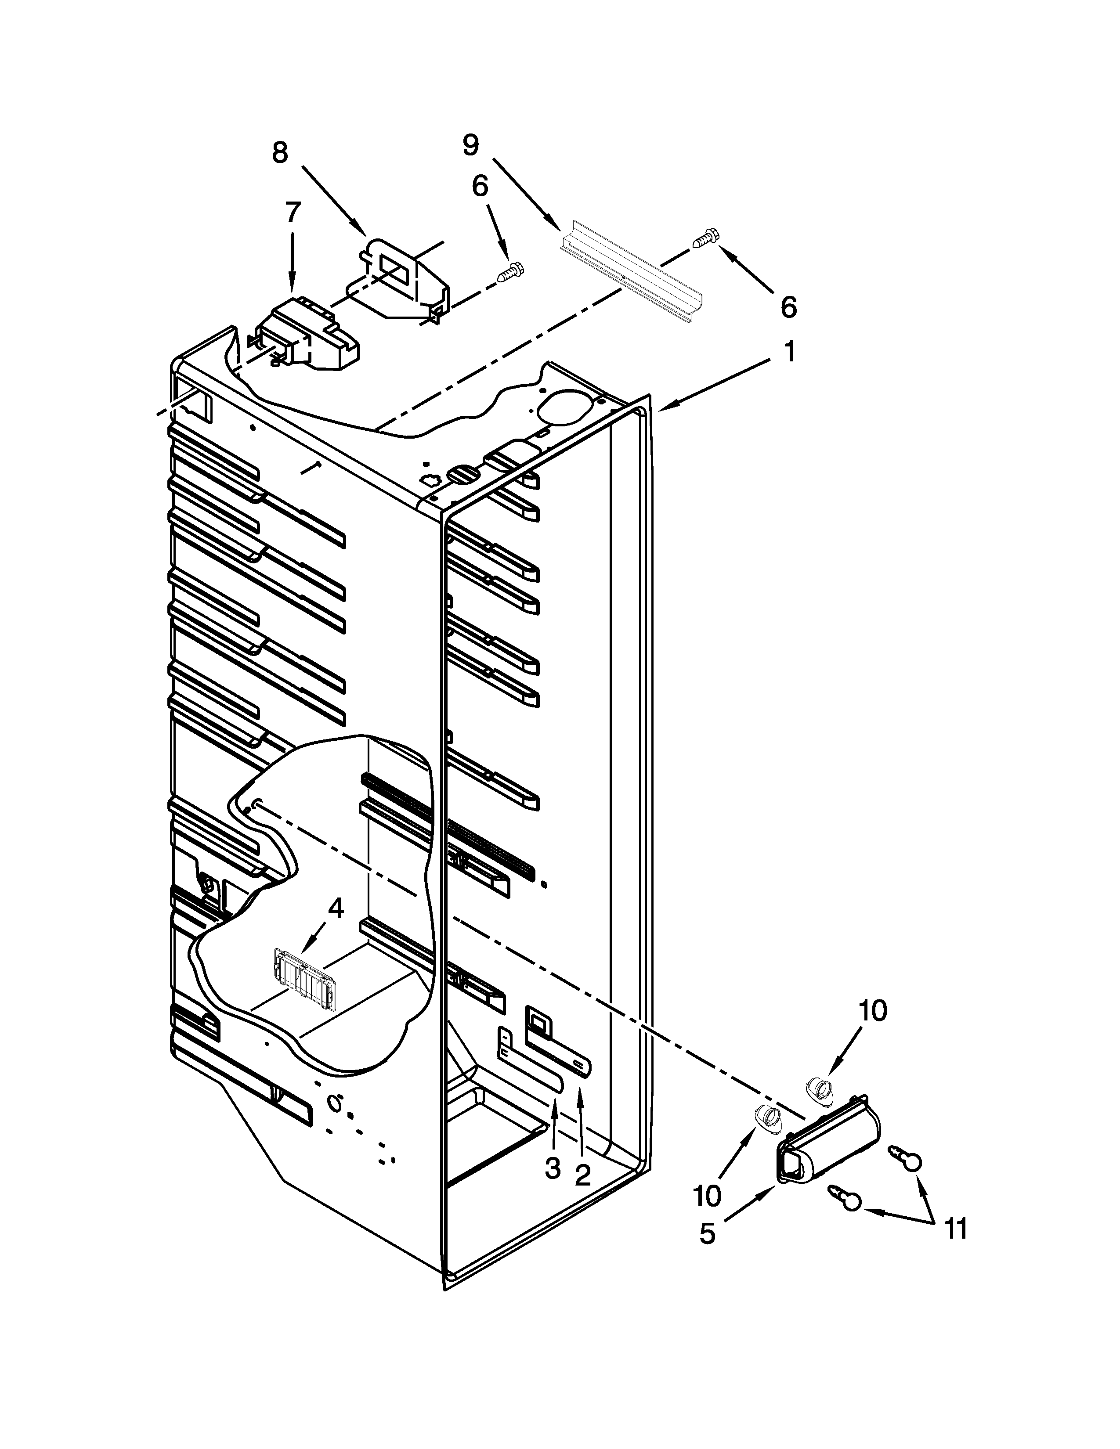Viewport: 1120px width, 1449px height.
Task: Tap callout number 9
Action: coord(470,145)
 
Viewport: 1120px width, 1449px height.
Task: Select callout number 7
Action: coord(293,213)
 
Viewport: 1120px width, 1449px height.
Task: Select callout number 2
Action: coord(582,1175)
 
